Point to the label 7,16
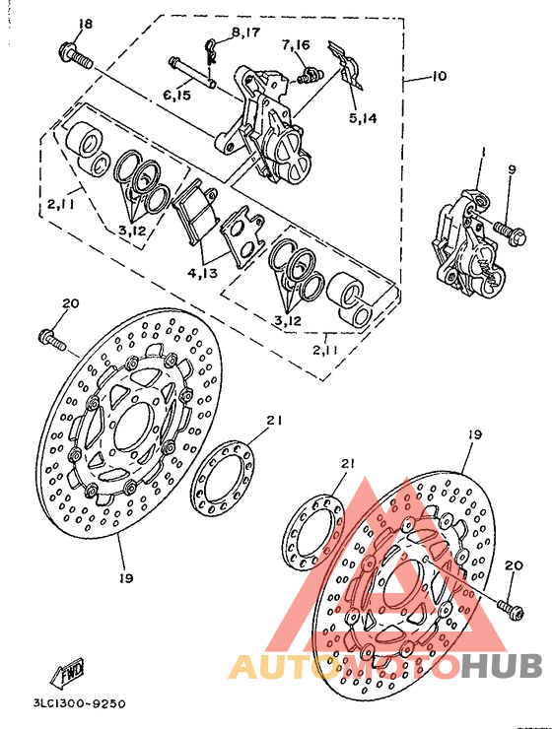click(295, 44)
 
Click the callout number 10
click(438, 76)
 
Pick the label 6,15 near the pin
click(177, 95)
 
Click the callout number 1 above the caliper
click(484, 152)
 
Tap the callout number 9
click(512, 169)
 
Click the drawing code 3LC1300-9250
click(78, 704)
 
